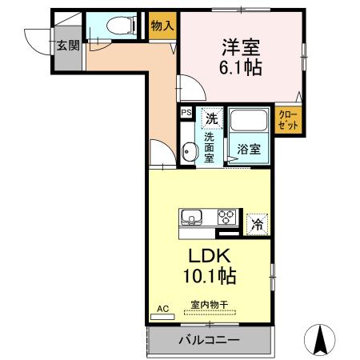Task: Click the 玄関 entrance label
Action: click(x=68, y=46)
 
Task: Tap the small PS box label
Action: click(x=186, y=114)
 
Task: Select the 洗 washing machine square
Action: click(x=210, y=118)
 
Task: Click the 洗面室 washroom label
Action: click(x=208, y=146)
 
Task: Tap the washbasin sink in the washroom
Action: click(x=188, y=151)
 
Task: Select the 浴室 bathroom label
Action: click(x=249, y=149)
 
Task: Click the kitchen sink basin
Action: click(x=193, y=217)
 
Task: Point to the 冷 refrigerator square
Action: click(x=257, y=223)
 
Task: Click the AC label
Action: click(x=161, y=308)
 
